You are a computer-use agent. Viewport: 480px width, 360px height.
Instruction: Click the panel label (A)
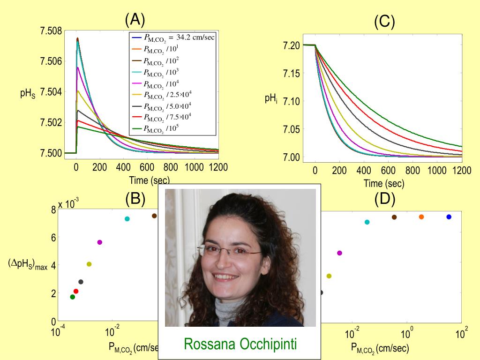(x=135, y=20)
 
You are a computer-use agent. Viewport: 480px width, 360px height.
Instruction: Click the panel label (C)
(x=384, y=22)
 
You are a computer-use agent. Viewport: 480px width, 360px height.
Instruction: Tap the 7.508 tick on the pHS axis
(x=51, y=31)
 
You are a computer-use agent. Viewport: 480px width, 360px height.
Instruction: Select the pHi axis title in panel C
(x=270, y=99)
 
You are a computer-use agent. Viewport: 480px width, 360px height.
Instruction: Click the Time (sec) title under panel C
(x=383, y=184)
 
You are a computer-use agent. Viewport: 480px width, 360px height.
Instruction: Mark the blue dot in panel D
(x=449, y=217)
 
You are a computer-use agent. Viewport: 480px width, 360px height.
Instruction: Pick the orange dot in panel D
(x=421, y=217)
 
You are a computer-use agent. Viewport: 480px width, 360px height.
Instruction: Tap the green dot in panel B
(x=72, y=297)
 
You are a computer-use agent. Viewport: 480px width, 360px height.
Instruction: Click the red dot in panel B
(x=76, y=291)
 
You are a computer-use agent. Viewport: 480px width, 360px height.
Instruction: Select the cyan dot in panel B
(x=127, y=219)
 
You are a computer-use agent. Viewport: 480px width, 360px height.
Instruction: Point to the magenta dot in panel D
(x=339, y=253)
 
